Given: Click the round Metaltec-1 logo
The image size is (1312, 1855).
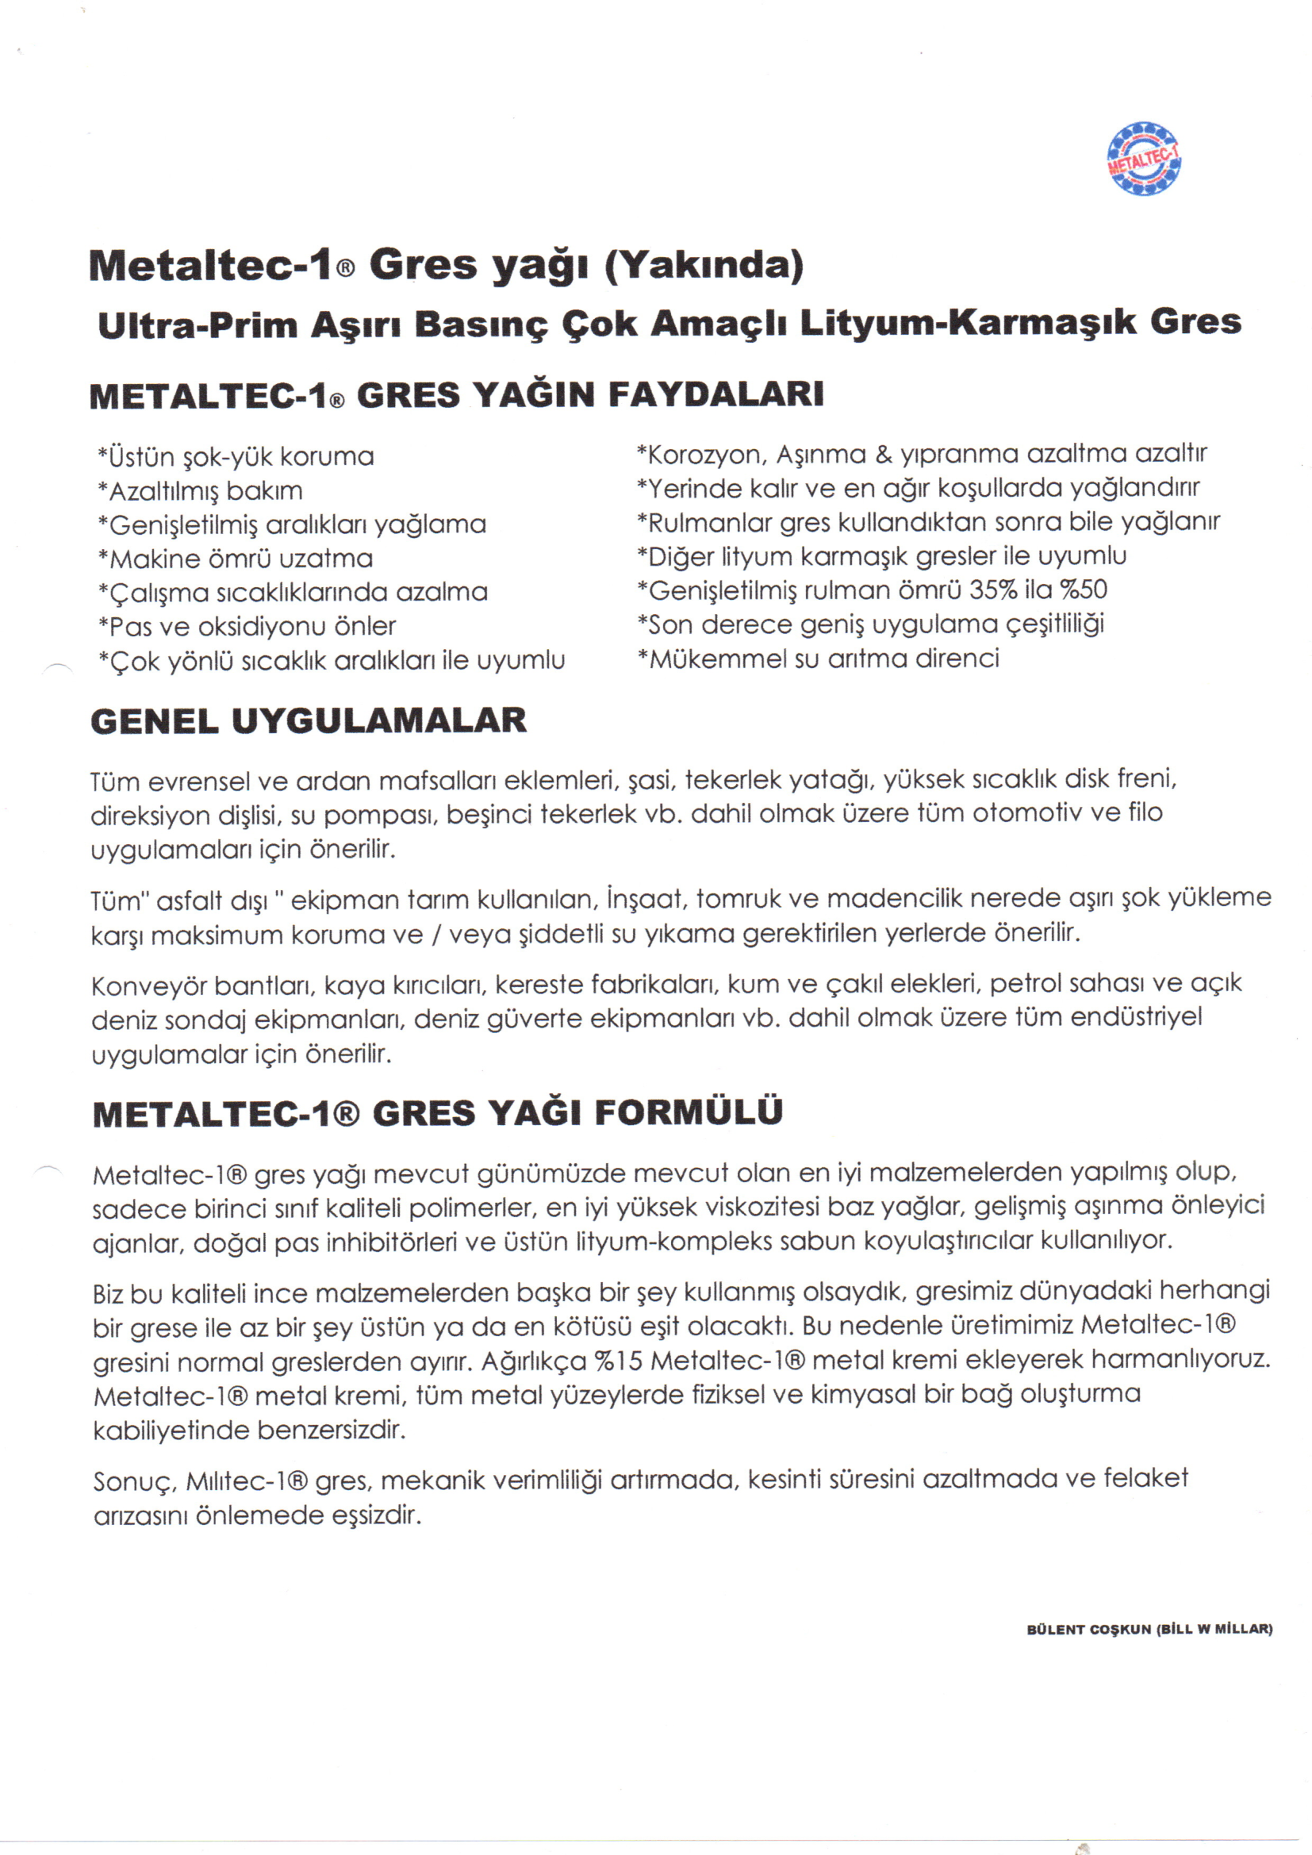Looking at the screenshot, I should pos(1143,159).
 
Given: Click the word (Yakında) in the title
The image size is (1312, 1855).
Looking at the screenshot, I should pos(704,266).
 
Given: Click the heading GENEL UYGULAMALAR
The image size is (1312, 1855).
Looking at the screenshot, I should pos(309,720).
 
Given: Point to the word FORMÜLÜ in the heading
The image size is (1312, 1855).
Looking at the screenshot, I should pos(689,1112).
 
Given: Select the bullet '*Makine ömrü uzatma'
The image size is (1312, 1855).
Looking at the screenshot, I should pos(235,559).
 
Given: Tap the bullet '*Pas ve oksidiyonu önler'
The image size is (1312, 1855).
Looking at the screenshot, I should pos(247,627).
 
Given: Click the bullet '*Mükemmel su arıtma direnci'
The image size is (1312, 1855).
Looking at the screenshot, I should pos(818,659).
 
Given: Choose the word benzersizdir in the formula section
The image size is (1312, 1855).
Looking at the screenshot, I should pos(332,1430).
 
